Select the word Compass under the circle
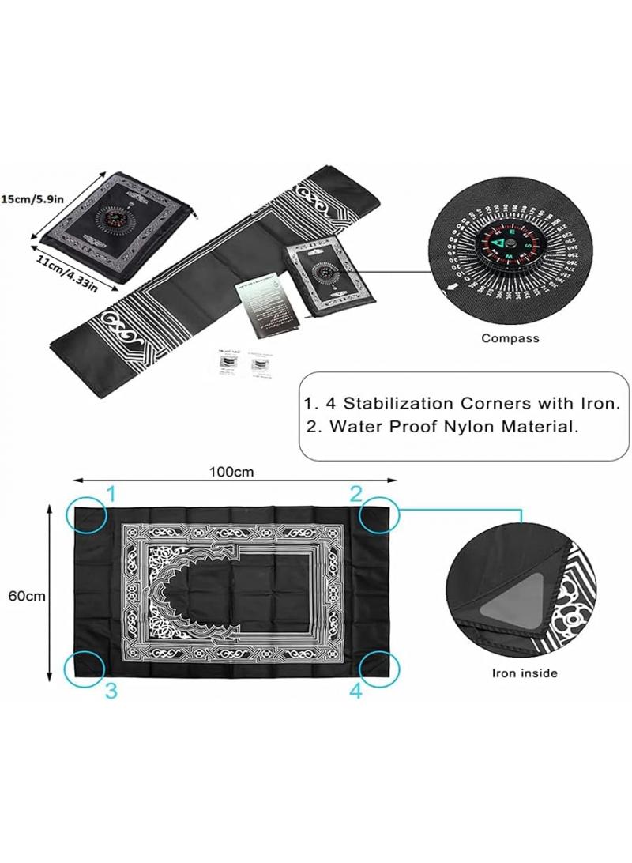[x=510, y=338]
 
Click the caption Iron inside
[x=525, y=673]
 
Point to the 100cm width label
[x=231, y=472]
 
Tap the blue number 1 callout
[x=111, y=495]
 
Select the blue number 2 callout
[x=356, y=495]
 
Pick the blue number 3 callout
[x=111, y=691]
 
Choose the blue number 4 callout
[x=356, y=691]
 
